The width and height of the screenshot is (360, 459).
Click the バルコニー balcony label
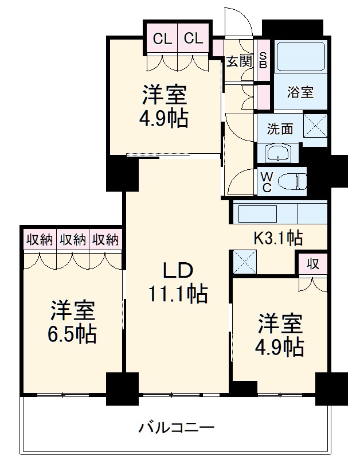(176, 427)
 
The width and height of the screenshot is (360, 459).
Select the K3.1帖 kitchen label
(279, 236)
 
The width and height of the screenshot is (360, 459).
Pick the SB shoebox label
(263, 59)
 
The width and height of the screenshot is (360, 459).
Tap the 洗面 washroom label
(280, 128)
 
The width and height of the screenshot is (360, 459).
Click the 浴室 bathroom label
(300, 91)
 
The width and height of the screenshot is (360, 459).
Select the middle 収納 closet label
(72, 239)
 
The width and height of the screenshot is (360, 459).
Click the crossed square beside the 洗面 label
(315, 126)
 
